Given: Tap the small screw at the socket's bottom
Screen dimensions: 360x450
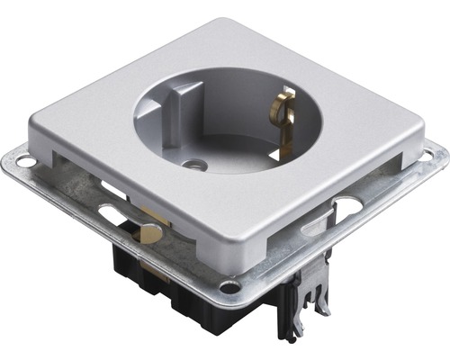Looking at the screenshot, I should pyautogui.click(x=190, y=166).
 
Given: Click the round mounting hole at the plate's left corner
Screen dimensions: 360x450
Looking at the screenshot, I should pyautogui.click(x=25, y=162).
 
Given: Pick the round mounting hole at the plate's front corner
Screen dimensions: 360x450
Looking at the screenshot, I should pyautogui.click(x=230, y=289).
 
